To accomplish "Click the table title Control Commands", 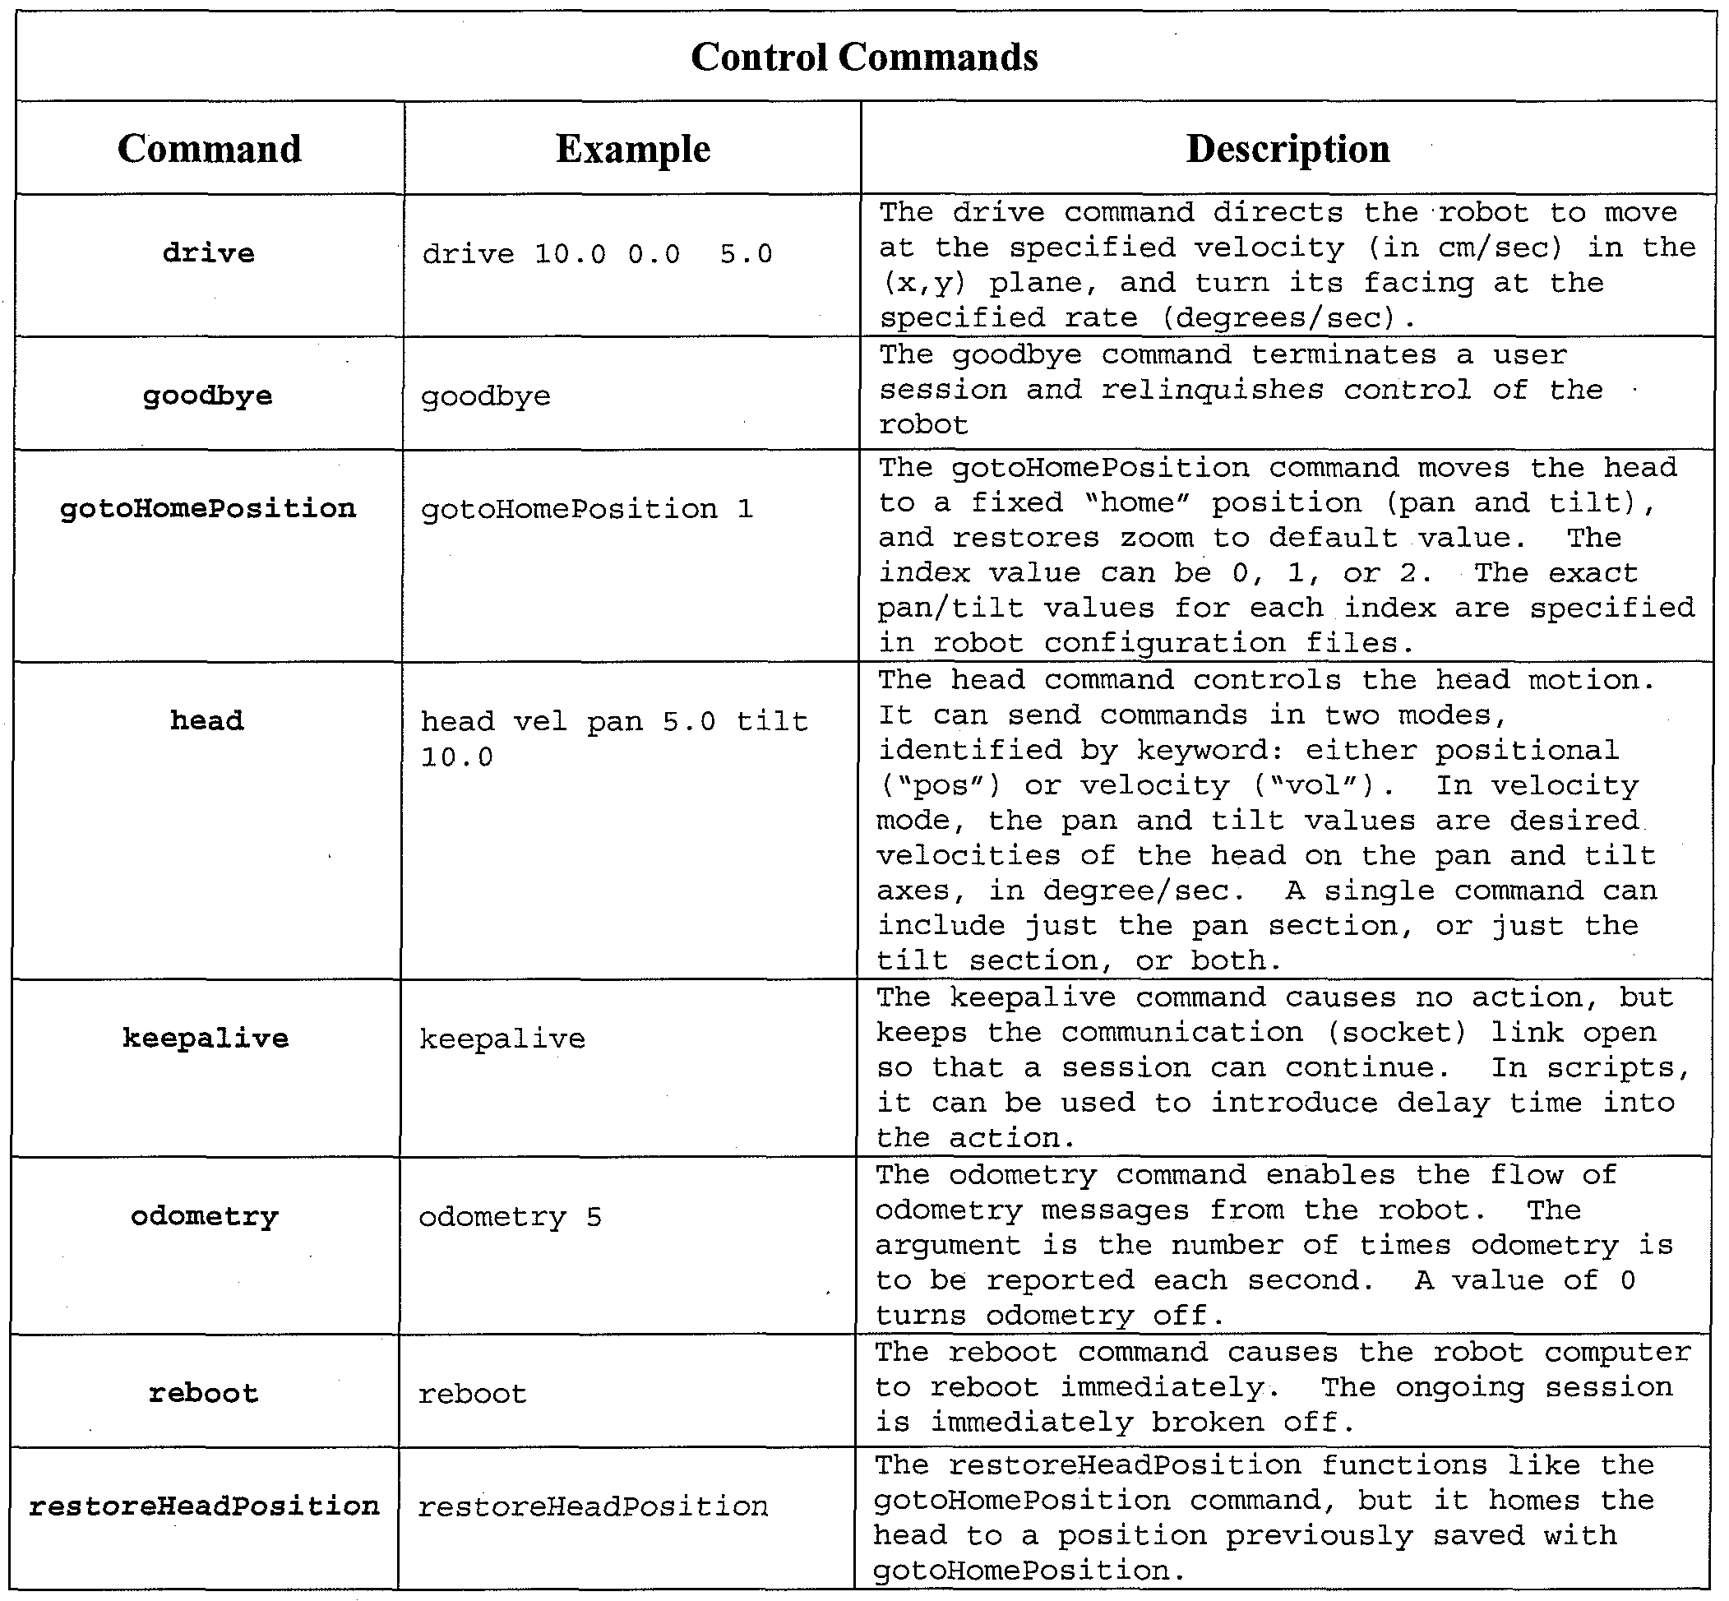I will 863,58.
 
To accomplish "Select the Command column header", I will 210,149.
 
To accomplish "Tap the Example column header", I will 632,149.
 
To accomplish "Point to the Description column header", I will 1288,149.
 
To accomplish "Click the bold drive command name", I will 209,254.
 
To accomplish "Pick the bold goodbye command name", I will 208,397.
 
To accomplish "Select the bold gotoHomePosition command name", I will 208,508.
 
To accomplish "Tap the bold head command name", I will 207,721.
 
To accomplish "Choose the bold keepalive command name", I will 206,1038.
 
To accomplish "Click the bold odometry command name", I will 206,1217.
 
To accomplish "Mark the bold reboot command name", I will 204,1394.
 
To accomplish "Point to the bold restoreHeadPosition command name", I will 205,1506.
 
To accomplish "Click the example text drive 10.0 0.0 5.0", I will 597,255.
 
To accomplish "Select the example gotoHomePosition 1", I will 586,510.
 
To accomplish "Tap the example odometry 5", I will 510,1218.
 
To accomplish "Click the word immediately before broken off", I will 1032,1423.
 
